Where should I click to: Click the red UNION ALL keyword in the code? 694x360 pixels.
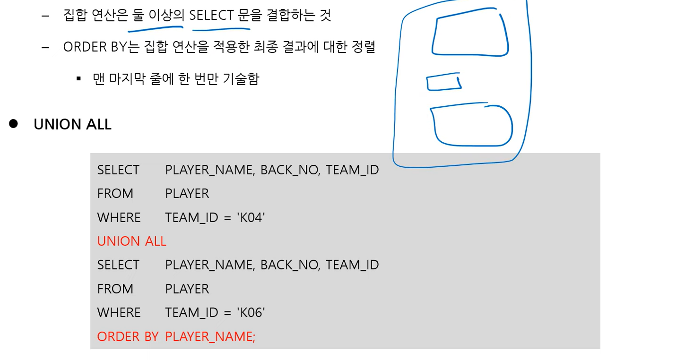(x=131, y=241)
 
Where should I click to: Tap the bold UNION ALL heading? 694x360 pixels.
(x=72, y=124)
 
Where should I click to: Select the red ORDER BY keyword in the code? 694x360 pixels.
(x=128, y=336)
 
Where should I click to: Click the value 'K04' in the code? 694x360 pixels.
(x=251, y=217)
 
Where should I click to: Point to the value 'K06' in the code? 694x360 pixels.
(x=251, y=312)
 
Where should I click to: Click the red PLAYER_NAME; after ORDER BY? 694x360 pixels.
(x=210, y=336)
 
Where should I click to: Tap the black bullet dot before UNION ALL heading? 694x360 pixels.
(x=13, y=124)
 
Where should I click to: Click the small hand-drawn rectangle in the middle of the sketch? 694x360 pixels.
(x=443, y=82)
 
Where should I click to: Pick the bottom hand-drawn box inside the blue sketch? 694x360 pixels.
(x=472, y=126)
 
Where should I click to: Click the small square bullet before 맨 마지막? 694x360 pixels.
(x=79, y=78)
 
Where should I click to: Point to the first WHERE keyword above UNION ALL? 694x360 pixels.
(x=119, y=217)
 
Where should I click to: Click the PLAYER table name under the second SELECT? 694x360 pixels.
(x=187, y=289)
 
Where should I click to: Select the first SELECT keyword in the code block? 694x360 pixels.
(x=118, y=170)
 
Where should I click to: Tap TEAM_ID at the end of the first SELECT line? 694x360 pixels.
(x=352, y=170)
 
